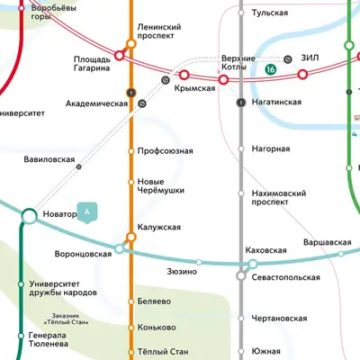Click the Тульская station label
click(x=270, y=13)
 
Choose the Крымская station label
click(x=195, y=88)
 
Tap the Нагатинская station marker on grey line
click(x=240, y=103)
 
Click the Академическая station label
click(x=97, y=103)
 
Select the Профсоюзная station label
click(x=165, y=150)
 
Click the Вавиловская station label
click(x=49, y=158)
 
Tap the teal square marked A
click(x=87, y=212)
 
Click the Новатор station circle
click(x=28, y=216)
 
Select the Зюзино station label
click(x=181, y=270)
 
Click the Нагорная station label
click(x=270, y=148)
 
